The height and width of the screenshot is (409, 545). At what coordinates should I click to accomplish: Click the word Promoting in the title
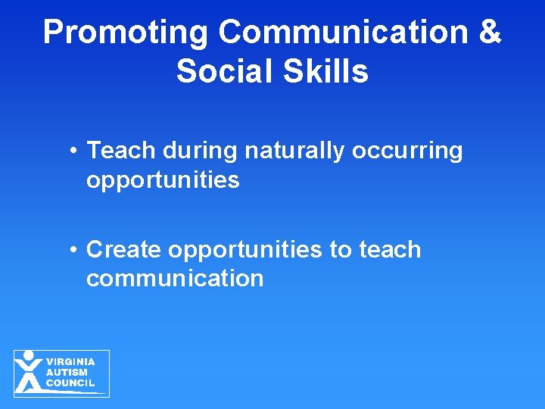(x=126, y=33)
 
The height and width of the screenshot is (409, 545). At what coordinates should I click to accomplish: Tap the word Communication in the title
(x=341, y=33)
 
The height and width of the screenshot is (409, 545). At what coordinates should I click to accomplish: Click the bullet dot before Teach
(x=73, y=151)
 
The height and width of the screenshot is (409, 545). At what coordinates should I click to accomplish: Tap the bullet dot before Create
(x=73, y=250)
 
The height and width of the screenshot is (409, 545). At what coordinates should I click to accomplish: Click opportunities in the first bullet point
(x=163, y=181)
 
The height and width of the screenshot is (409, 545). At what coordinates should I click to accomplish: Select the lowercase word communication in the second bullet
(x=175, y=278)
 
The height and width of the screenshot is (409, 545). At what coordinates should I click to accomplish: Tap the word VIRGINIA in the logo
(x=70, y=362)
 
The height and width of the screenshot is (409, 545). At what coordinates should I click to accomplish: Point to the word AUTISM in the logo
(x=66, y=373)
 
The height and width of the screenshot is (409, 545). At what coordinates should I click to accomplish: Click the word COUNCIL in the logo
(x=70, y=383)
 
